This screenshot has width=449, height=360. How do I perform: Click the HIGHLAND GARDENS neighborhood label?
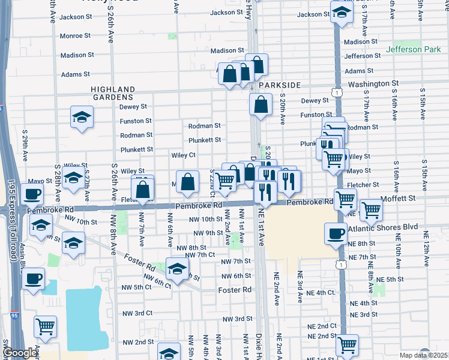112,92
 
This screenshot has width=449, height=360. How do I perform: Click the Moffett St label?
399,197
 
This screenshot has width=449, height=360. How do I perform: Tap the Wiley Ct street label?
183,155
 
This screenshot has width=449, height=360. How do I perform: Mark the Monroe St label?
75,36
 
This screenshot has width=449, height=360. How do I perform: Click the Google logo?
20,353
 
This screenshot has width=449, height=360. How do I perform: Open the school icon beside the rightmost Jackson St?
342,13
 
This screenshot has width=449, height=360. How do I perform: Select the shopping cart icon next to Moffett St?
372,210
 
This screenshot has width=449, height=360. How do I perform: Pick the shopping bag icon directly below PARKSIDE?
261,104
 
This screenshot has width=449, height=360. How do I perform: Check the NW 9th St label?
205,233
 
